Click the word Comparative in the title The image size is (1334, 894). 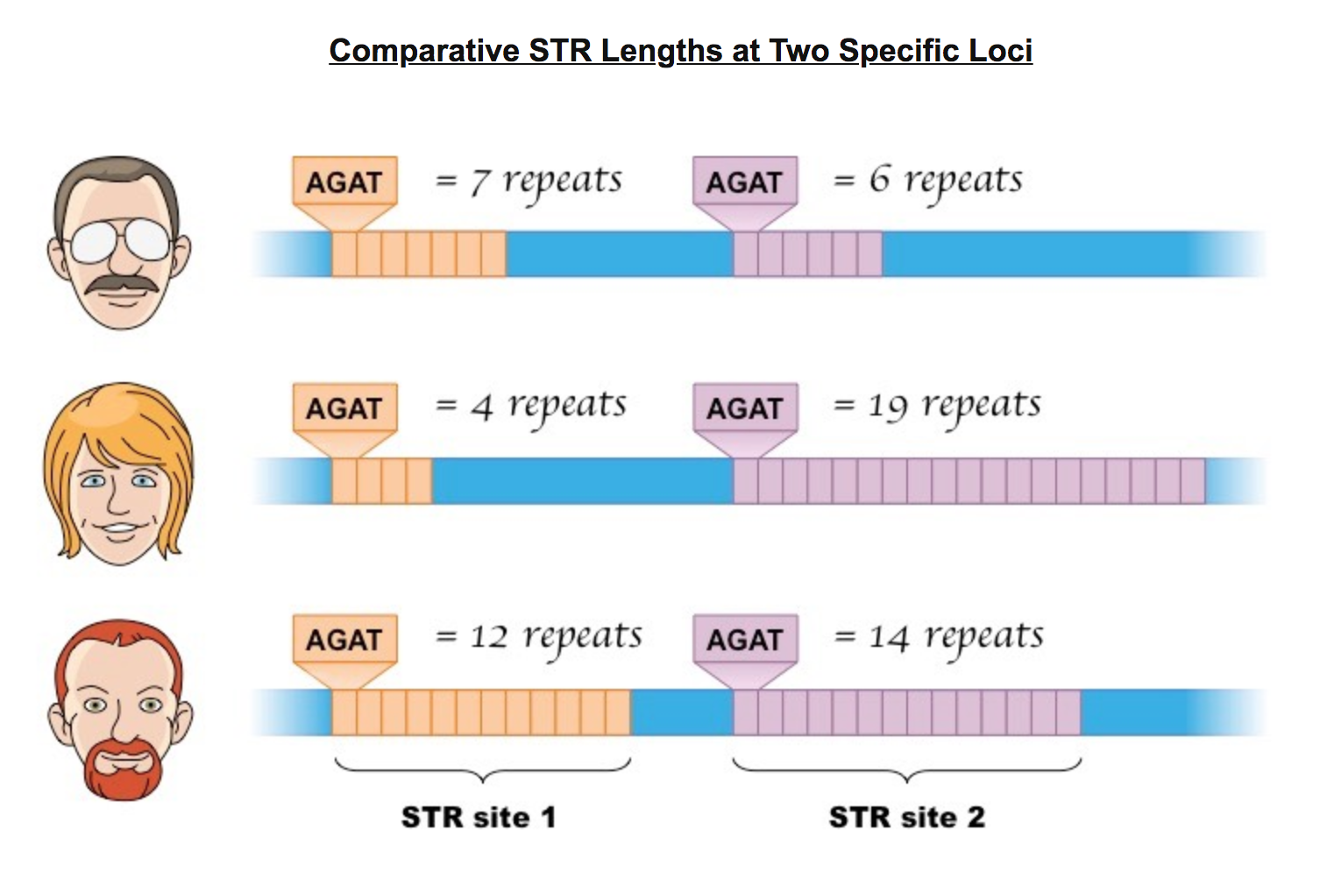pyautogui.click(x=424, y=51)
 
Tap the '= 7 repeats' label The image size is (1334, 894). pyautogui.click(x=529, y=180)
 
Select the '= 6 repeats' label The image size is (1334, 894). pyautogui.click(x=928, y=180)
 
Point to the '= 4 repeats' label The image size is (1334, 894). pyautogui.click(x=531, y=406)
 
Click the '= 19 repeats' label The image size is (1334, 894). pyautogui.click(x=937, y=406)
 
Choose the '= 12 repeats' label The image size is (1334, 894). pyautogui.click(x=539, y=637)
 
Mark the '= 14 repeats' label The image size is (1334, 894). pyautogui.click(x=940, y=637)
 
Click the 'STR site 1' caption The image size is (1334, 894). pyautogui.click(x=479, y=817)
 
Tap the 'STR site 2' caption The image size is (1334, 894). pyautogui.click(x=907, y=817)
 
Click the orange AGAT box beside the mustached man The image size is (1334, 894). pyautogui.click(x=344, y=181)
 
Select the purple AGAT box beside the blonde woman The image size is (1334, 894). pyautogui.click(x=745, y=408)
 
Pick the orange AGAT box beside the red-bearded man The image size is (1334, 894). pyautogui.click(x=344, y=639)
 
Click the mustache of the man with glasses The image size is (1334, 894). pyautogui.click(x=122, y=284)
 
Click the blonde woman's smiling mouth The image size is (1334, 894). pyautogui.click(x=119, y=529)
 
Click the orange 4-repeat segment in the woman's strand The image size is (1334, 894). pyautogui.click(x=382, y=481)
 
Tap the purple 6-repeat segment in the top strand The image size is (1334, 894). pyautogui.click(x=807, y=254)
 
